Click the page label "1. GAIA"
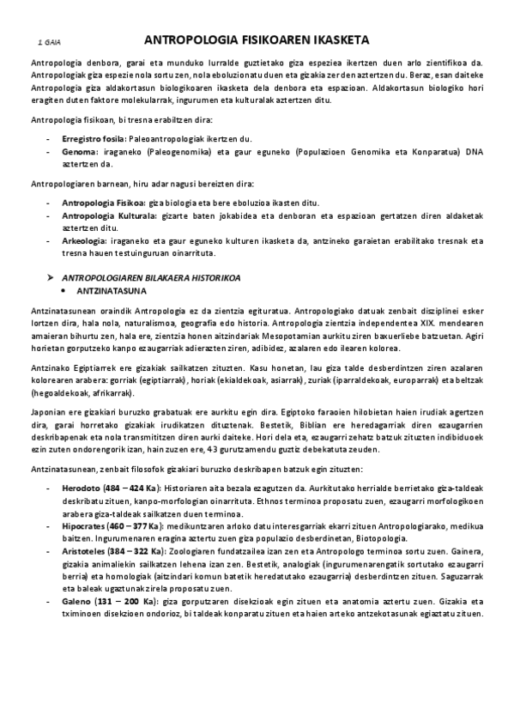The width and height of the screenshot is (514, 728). (49, 41)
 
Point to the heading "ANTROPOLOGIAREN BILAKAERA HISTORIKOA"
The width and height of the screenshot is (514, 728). (152, 278)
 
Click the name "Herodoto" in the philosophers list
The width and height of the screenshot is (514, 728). (82, 488)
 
